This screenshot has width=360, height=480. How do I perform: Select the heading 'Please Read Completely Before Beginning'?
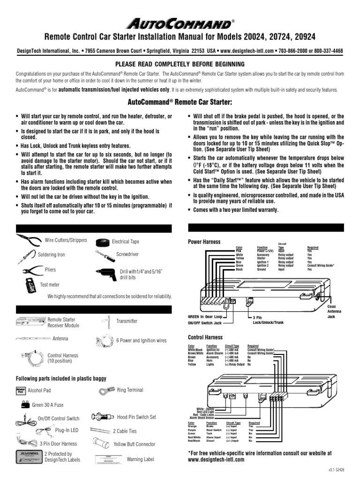click(x=180, y=64)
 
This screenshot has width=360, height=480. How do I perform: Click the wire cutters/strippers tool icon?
click(x=28, y=241)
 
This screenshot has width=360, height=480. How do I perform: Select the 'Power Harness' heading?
click(x=204, y=242)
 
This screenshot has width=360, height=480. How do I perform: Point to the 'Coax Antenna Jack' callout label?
click(x=331, y=310)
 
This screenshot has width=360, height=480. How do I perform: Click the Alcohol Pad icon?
click(x=21, y=390)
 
